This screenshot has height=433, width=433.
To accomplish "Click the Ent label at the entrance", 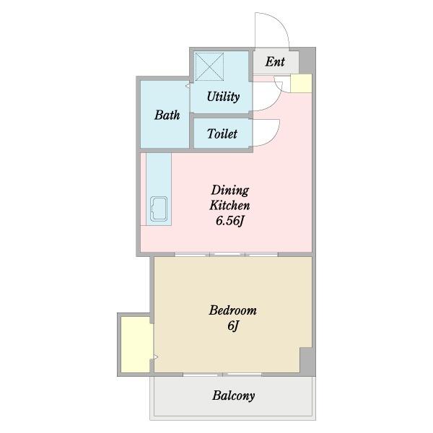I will [274, 62].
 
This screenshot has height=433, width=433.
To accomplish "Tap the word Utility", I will [223, 97].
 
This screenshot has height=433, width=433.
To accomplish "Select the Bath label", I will [167, 115].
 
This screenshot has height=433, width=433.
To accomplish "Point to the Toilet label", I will [222, 134].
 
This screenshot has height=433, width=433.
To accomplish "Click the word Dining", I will [229, 191].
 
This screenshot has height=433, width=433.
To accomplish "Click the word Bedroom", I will [232, 311].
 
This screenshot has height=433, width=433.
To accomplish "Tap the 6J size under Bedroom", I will [232, 326].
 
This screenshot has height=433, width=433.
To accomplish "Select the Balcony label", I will [233, 395].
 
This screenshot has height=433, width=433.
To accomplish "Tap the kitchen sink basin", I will [158, 209].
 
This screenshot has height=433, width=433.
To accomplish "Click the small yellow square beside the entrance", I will [300, 83].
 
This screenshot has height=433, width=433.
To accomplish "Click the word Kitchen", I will [229, 206].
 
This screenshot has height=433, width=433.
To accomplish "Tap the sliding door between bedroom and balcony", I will [224, 375].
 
